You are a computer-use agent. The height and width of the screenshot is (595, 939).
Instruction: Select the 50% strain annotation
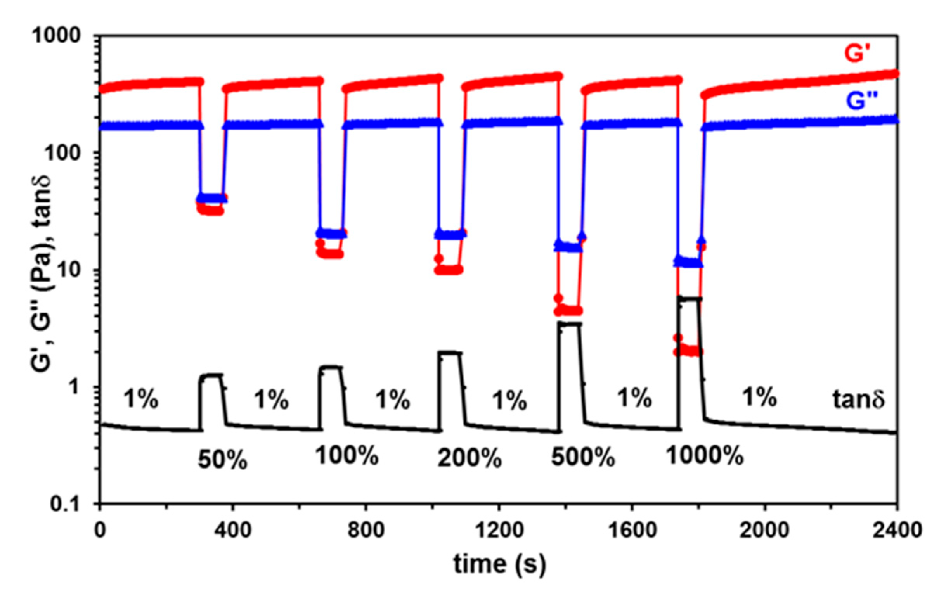tap(222, 460)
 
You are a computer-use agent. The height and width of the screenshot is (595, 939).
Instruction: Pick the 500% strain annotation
tap(583, 457)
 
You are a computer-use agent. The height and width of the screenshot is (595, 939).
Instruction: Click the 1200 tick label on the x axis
tap(499, 531)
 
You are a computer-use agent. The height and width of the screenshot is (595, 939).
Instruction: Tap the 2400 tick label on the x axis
tap(897, 531)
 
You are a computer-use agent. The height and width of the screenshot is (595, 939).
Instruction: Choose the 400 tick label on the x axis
tap(233, 531)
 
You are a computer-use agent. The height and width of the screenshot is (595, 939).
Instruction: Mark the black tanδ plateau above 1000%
tap(690, 299)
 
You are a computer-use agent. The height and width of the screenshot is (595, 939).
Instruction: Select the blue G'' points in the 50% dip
tap(212, 198)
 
